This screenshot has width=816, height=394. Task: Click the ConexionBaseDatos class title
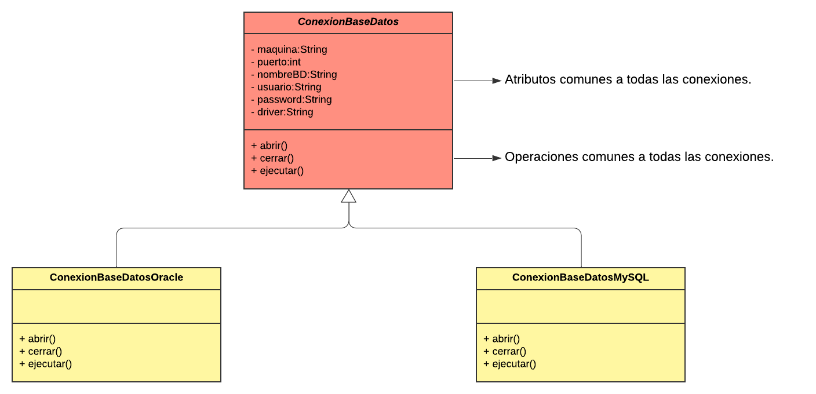coord(348,22)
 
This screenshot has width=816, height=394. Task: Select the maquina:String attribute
coord(289,49)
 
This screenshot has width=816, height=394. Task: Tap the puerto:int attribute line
coord(276,62)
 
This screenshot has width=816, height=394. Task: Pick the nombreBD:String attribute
coord(294,75)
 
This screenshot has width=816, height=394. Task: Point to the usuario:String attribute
coord(286,87)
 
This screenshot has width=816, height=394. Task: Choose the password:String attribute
coord(291,100)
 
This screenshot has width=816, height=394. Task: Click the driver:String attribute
coord(282,112)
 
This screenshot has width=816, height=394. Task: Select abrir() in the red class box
coord(269,145)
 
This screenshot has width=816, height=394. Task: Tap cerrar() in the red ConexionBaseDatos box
coord(272,158)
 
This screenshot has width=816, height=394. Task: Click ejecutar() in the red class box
coord(277,171)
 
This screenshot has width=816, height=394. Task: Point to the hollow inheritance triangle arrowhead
coord(349,196)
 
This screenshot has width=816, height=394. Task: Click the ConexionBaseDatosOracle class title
coord(116,278)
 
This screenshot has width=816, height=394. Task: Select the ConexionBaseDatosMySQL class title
coord(580,278)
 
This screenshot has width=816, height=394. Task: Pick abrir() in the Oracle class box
coord(37,339)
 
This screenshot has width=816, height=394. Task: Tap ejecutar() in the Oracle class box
coord(46,364)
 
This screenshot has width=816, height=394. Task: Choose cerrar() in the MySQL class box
coord(505,351)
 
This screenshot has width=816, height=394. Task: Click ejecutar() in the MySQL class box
coord(509,364)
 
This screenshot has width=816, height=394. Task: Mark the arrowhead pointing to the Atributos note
coord(497,81)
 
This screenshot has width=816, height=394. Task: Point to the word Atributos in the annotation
coord(530,79)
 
